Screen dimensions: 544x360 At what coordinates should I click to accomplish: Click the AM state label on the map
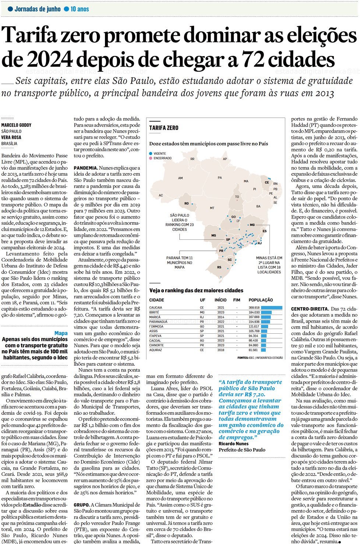pyautogui.click(x=180, y=178)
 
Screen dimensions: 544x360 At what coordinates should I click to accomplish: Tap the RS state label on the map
pyautogui.click(x=219, y=267)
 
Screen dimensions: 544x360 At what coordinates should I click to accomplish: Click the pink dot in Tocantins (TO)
pyautogui.click(x=237, y=201)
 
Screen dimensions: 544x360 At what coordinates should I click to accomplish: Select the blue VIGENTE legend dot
pyautogui.click(x=151, y=154)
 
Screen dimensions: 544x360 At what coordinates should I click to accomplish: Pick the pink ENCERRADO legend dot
pyautogui.click(x=151, y=158)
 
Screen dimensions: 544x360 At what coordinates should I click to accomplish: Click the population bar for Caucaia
pyautogui.click(x=272, y=308)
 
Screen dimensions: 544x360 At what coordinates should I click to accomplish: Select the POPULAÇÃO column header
pyautogui.click(x=261, y=300)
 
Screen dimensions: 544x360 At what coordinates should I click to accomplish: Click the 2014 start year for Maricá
pyautogui.click(x=220, y=317)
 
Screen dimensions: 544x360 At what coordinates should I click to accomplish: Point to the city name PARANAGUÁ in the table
pyautogui.click(x=158, y=322)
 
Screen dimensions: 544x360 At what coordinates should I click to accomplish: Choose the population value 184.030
pyautogui.click(x=254, y=312)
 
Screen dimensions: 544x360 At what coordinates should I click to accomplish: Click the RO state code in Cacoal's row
pyautogui.click(x=202, y=341)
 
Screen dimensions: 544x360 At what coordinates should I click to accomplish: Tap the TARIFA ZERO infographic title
pyautogui.click(x=164, y=128)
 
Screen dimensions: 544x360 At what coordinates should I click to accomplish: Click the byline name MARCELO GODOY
pyautogui.click(x=16, y=125)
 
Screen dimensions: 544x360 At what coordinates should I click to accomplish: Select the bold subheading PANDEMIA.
pyautogui.click(x=85, y=168)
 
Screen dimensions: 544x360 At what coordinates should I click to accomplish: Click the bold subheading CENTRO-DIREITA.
pyautogui.click(x=310, y=309)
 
